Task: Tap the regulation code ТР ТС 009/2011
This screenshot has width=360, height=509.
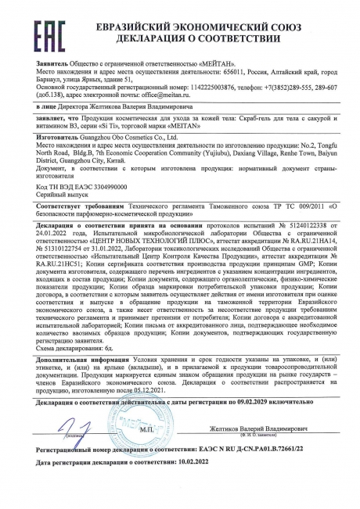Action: pyautogui.click(x=279, y=205)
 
